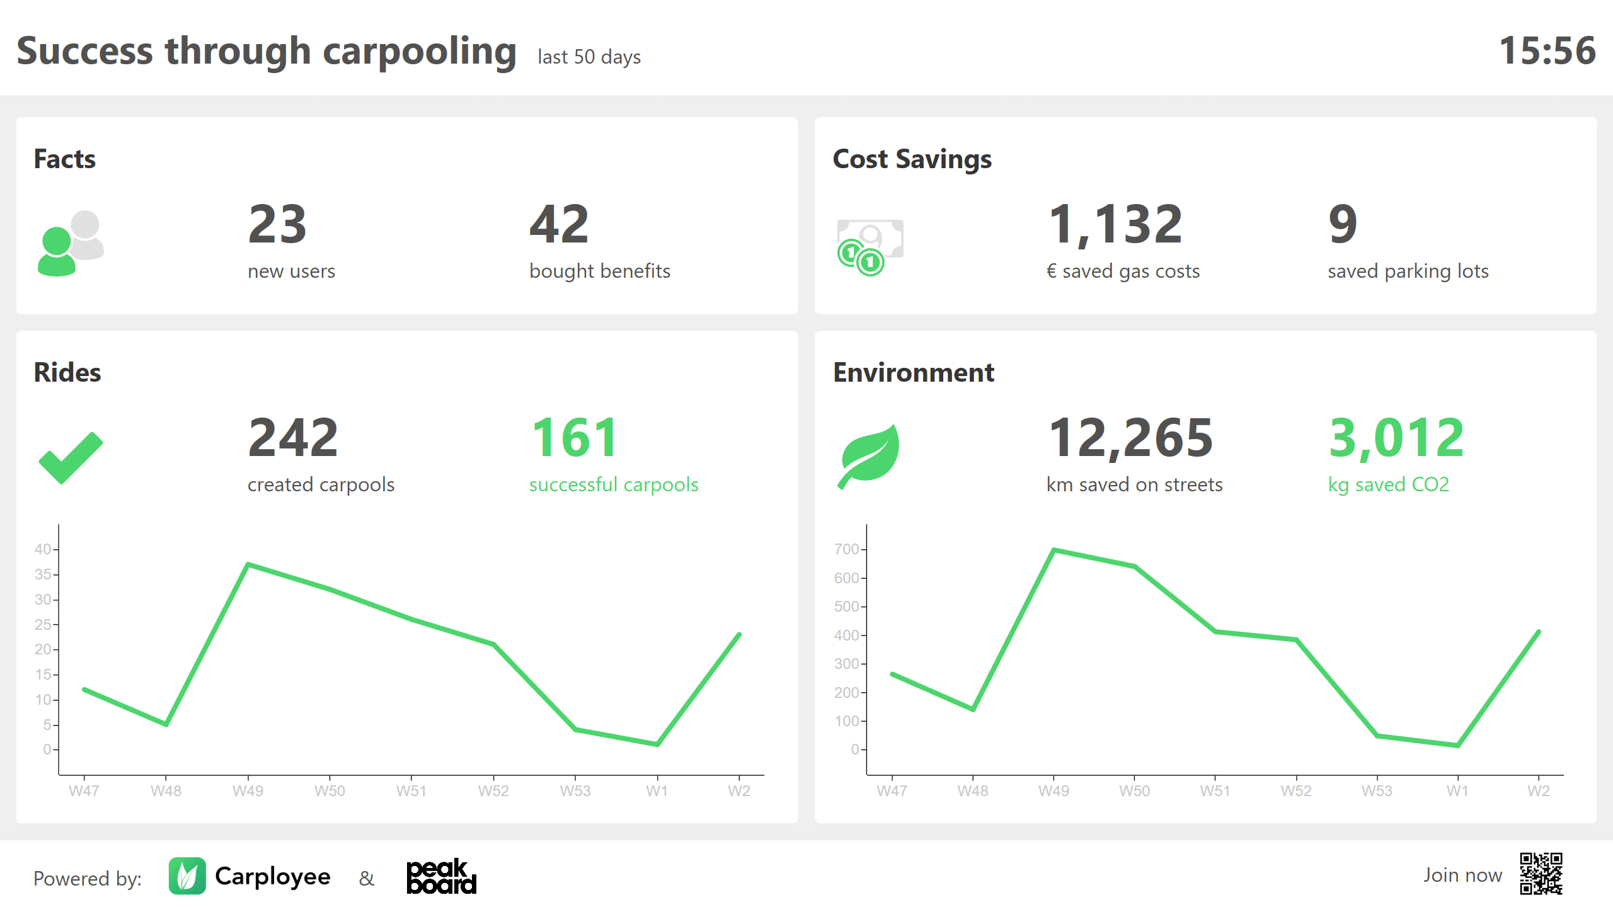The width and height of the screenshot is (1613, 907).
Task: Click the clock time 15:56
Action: pos(1547,50)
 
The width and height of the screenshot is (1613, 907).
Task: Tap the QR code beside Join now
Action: pos(1541,874)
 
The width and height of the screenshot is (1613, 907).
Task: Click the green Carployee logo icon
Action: pos(187,876)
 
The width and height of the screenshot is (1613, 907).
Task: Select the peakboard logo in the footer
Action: pos(441,876)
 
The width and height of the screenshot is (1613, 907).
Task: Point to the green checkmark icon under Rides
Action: pos(71,458)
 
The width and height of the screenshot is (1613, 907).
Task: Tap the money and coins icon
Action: pos(870,247)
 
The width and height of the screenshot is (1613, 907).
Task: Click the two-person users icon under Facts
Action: pos(71,243)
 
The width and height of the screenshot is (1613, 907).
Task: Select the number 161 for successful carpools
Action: pos(575,438)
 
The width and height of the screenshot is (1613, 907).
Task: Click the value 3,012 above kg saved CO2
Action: pos(1396,438)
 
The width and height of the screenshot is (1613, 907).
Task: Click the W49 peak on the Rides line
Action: pos(248,564)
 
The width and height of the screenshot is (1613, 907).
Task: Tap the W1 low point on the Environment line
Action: pos(1457,746)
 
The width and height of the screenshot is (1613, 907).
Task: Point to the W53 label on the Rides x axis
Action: pos(575,791)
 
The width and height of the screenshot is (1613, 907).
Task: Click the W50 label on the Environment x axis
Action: pos(1134,791)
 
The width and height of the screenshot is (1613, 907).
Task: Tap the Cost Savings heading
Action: pos(912,159)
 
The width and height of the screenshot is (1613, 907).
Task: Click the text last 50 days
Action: pos(589,57)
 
